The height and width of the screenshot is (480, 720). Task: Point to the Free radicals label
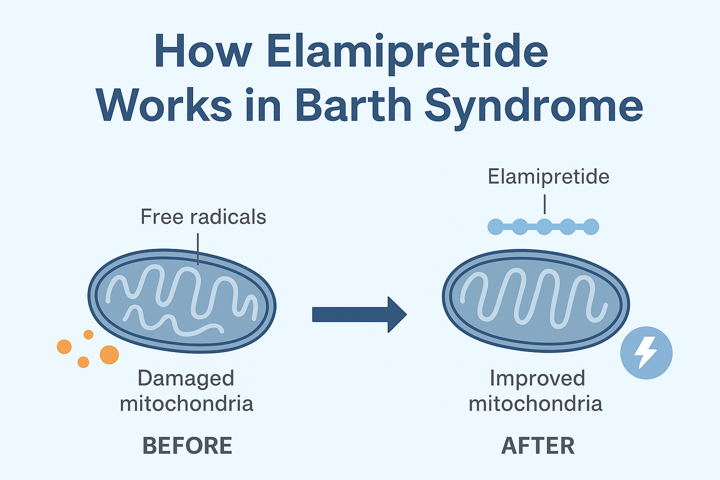[203, 217]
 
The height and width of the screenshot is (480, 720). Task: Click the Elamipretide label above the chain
[548, 177]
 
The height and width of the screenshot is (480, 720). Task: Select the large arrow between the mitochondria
[359, 315]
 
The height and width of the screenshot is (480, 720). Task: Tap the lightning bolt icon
[646, 352]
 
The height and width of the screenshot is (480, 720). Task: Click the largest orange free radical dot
[109, 355]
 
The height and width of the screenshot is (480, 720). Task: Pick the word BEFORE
[187, 446]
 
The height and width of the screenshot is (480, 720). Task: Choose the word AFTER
[538, 446]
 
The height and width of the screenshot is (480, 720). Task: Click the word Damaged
[186, 378]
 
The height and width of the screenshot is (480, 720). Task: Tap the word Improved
[537, 378]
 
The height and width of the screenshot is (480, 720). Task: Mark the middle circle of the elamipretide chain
[544, 227]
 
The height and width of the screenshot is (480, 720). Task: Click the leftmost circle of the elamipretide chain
[495, 227]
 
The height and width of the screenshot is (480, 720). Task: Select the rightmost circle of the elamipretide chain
[591, 227]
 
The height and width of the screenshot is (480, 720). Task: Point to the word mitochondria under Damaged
[187, 404]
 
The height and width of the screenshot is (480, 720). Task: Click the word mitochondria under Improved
[535, 404]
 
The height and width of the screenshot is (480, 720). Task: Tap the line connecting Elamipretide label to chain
[545, 205]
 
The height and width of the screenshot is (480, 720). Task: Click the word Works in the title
[164, 105]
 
